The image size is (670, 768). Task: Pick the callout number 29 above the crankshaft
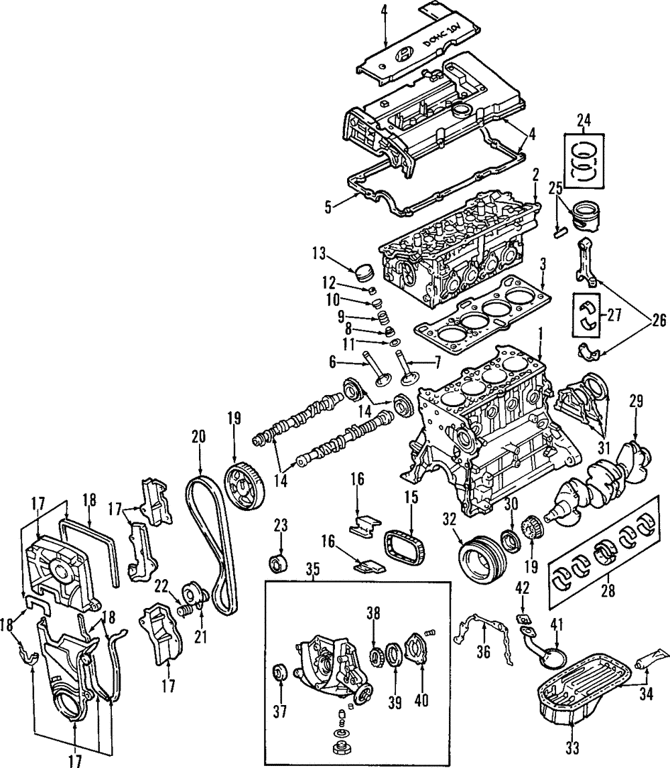[x=636, y=402]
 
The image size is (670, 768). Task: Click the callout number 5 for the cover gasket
[x=328, y=207]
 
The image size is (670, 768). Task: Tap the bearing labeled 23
[x=277, y=564]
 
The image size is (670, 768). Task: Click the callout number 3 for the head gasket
[x=543, y=263]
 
